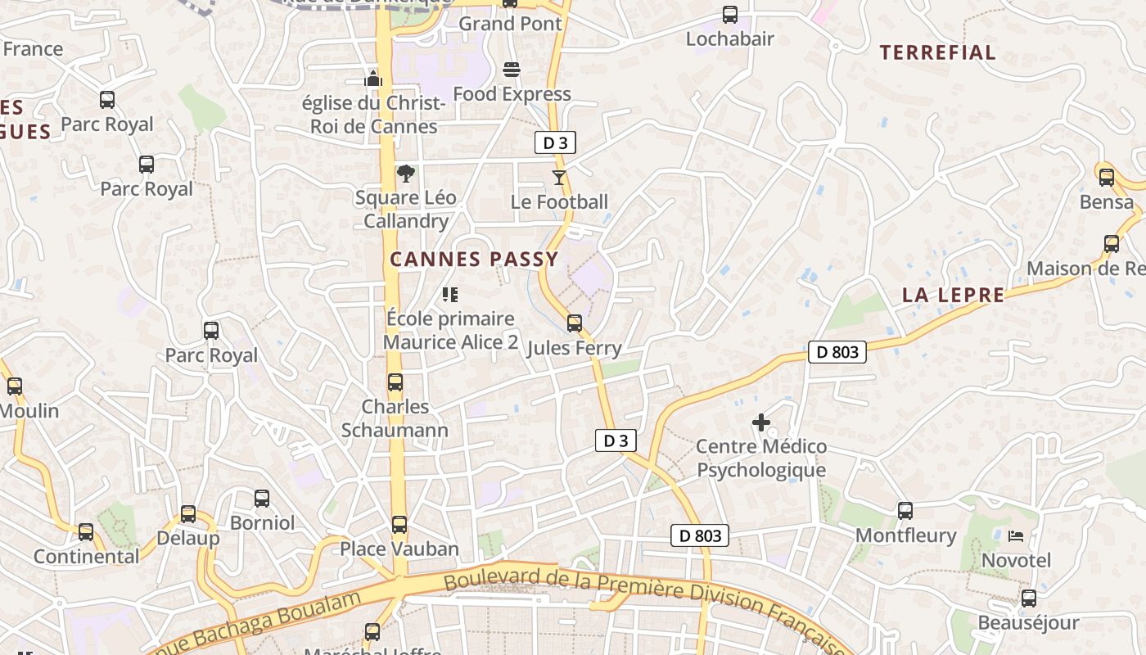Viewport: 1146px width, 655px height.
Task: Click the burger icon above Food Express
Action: click(512, 70)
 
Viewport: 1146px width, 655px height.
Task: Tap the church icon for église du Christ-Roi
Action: click(373, 79)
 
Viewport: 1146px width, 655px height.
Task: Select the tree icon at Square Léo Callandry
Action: click(405, 174)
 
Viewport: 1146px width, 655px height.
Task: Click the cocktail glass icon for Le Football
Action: click(559, 178)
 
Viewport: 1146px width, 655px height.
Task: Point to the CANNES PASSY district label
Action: click(474, 260)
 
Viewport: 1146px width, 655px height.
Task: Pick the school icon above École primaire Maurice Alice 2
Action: click(449, 295)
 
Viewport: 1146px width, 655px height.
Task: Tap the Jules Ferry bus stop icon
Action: click(575, 323)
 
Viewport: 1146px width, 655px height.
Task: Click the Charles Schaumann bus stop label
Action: click(395, 418)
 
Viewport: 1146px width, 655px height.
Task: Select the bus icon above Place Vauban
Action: click(399, 525)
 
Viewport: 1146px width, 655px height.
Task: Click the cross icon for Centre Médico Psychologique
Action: click(761, 422)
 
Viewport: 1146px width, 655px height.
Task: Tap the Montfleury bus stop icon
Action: click(905, 511)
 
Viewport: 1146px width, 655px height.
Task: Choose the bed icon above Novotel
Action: click(1016, 536)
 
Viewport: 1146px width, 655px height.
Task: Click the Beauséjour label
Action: click(1028, 623)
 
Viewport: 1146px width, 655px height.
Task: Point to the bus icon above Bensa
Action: click(1107, 177)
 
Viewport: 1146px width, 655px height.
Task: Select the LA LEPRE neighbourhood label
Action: click(953, 296)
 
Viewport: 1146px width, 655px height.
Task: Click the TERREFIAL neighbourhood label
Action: click(937, 53)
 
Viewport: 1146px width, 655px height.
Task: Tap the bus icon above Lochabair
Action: click(729, 14)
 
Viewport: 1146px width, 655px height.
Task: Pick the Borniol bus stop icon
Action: click(262, 499)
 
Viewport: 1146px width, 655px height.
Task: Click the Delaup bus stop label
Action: click(188, 538)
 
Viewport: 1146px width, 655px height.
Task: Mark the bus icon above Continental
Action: click(86, 532)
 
